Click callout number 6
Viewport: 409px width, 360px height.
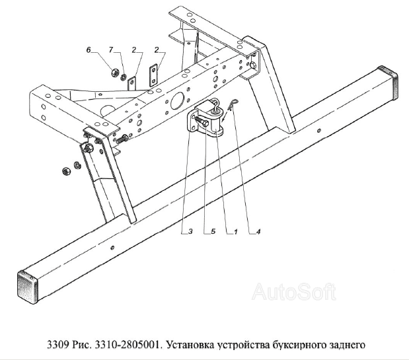pos(89,50)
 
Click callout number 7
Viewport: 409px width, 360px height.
pos(111,50)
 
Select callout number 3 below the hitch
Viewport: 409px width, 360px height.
pos(190,231)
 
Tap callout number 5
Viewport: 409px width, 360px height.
pos(213,231)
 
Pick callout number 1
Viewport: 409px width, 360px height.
pos(235,231)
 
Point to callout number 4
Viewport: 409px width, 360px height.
pos(258,231)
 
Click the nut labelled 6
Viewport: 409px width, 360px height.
pos(114,73)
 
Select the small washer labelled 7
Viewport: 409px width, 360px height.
pos(124,77)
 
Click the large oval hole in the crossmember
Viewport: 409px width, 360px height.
pos(177,100)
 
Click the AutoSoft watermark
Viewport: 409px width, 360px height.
pos(294,291)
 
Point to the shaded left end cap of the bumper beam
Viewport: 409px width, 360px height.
pos(28,285)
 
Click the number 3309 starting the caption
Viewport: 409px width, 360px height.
pos(58,345)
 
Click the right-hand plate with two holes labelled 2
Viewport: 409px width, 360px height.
pos(153,75)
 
